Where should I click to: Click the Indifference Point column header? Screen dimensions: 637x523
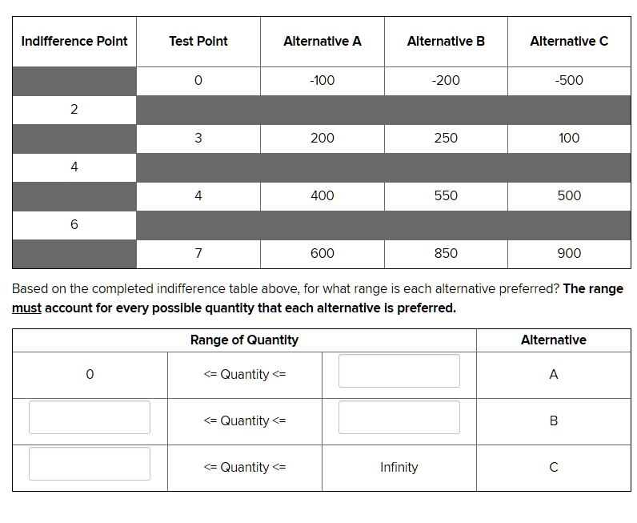pyautogui.click(x=74, y=42)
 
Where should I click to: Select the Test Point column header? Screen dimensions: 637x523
pyautogui.click(x=198, y=42)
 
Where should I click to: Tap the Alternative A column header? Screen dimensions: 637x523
pyautogui.click(x=322, y=42)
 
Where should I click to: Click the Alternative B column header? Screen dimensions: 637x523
pyautogui.click(x=446, y=42)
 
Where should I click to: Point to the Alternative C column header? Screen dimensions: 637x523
pyautogui.click(x=569, y=42)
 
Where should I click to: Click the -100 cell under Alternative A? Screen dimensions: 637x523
pyautogui.click(x=322, y=80)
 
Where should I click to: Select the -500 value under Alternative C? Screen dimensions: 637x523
pyautogui.click(x=569, y=80)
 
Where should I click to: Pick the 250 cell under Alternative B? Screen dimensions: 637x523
pyautogui.click(x=446, y=138)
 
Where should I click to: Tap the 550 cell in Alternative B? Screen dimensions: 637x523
pyautogui.click(x=446, y=195)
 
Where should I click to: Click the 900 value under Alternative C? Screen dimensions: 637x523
pyautogui.click(x=569, y=253)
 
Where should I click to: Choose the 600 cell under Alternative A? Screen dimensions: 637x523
pyautogui.click(x=322, y=253)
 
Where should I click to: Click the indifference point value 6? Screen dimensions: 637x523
pyautogui.click(x=74, y=224)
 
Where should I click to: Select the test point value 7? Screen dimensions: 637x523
pyautogui.click(x=198, y=253)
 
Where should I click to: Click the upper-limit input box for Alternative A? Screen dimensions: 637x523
pyautogui.click(x=399, y=372)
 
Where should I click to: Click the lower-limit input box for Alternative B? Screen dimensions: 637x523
pyautogui.click(x=90, y=418)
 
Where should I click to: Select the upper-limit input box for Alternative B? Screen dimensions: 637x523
pyautogui.click(x=399, y=418)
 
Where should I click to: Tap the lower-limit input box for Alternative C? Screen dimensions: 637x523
pyautogui.click(x=90, y=465)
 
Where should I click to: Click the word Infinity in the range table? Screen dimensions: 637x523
pyautogui.click(x=399, y=468)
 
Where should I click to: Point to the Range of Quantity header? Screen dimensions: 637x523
pyautogui.click(x=244, y=340)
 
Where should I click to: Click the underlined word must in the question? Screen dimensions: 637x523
pyautogui.click(x=26, y=308)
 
